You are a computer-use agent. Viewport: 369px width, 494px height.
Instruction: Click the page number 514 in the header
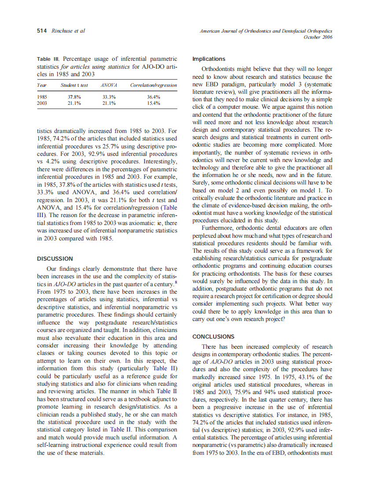point(42,31)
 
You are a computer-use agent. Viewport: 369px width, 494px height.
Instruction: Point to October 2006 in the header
point(318,37)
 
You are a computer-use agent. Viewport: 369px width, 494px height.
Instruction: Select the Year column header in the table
point(42,85)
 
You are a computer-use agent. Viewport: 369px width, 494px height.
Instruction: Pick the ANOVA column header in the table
point(108,85)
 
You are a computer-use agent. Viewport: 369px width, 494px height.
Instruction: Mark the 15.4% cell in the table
point(153,103)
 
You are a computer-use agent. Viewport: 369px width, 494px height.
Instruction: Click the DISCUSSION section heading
point(55,258)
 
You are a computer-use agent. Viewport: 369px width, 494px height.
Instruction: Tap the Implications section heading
point(209,59)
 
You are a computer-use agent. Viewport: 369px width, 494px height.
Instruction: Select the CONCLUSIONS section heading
point(214,336)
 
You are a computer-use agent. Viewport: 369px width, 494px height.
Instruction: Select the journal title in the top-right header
point(266,31)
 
